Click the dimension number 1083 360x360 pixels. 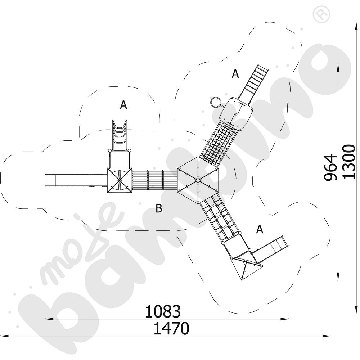163,312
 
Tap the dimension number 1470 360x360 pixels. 171,328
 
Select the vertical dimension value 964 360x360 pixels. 330,167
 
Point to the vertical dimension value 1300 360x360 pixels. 349,161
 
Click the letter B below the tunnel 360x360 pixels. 159,208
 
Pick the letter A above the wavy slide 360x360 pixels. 123,105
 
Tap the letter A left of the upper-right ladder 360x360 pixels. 235,74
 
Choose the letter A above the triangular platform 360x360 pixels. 260,229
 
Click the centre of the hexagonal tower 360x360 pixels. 198,180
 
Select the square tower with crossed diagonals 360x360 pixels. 120,180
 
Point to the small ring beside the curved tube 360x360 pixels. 215,102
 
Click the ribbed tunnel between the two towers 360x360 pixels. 155,180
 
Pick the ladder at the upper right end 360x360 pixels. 256,82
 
